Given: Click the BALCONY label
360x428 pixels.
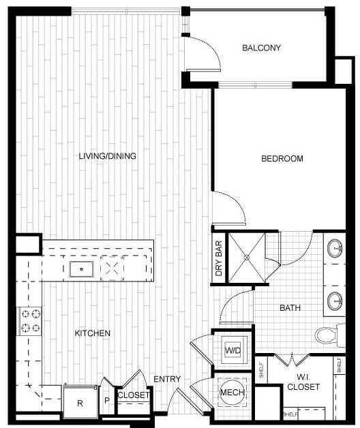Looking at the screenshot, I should [x=262, y=48].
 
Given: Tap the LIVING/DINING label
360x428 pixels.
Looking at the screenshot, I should [x=108, y=156].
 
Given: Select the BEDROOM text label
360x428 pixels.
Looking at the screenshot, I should [x=282, y=159].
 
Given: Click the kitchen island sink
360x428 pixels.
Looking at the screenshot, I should [x=81, y=269].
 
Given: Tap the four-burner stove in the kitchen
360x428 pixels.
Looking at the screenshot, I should [x=30, y=320].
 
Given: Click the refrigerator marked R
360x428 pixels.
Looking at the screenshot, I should [x=80, y=402].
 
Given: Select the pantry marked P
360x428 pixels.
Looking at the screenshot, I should [x=106, y=401].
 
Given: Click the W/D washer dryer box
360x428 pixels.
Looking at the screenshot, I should [x=232, y=351].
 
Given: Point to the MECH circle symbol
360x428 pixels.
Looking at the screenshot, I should [x=232, y=393].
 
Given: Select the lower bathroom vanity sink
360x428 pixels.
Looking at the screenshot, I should [x=335, y=299].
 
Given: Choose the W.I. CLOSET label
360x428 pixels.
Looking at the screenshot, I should [x=304, y=382].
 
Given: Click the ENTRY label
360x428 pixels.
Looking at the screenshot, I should [x=166, y=380].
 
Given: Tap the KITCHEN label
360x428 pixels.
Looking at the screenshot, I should [x=92, y=333].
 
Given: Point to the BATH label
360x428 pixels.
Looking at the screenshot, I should [x=290, y=308].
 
